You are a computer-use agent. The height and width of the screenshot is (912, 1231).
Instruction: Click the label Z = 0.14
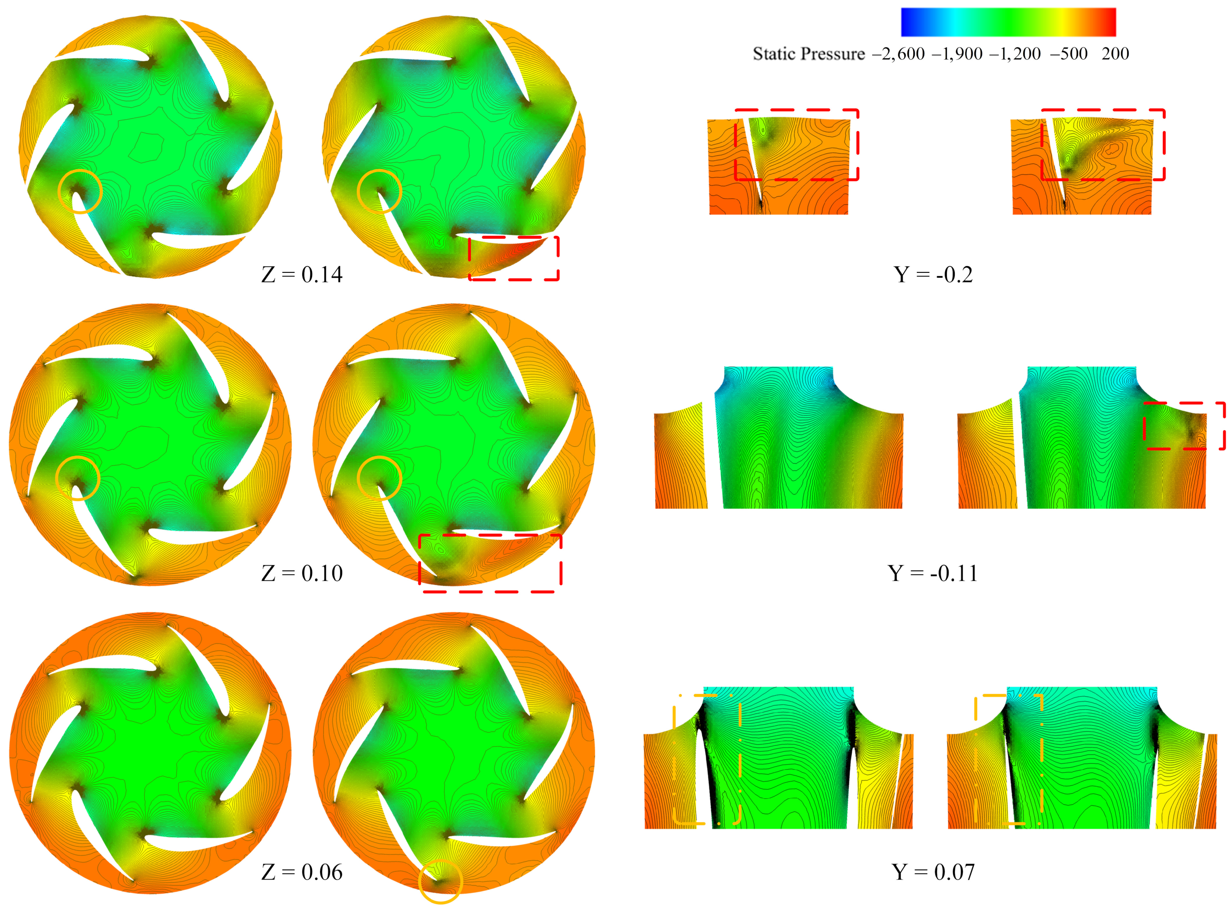click(302, 274)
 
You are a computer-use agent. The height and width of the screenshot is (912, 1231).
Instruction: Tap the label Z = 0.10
click(302, 573)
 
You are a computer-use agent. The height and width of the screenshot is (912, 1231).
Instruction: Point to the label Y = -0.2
click(933, 274)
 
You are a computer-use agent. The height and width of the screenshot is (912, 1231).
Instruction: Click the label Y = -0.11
click(933, 573)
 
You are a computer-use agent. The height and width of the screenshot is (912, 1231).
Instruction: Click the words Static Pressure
click(808, 54)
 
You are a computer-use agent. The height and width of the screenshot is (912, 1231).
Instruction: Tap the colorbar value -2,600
click(898, 54)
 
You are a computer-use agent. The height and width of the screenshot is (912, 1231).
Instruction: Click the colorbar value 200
click(1115, 54)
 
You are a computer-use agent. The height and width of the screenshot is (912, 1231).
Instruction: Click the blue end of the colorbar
click(906, 22)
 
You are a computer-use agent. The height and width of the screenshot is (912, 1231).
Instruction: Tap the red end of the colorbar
click(1111, 22)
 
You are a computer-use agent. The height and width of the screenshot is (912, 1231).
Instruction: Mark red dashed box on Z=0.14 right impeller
click(514, 258)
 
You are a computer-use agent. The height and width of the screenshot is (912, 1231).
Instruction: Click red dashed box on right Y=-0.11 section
click(1183, 426)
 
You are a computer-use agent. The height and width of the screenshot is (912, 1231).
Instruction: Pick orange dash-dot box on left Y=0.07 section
click(707, 760)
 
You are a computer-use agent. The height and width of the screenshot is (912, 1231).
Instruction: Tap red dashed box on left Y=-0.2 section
click(796, 145)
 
